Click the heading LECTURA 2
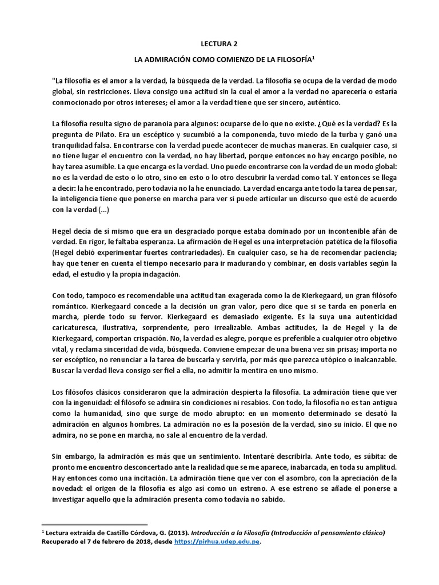(x=219, y=42)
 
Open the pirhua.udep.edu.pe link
(x=217, y=542)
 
